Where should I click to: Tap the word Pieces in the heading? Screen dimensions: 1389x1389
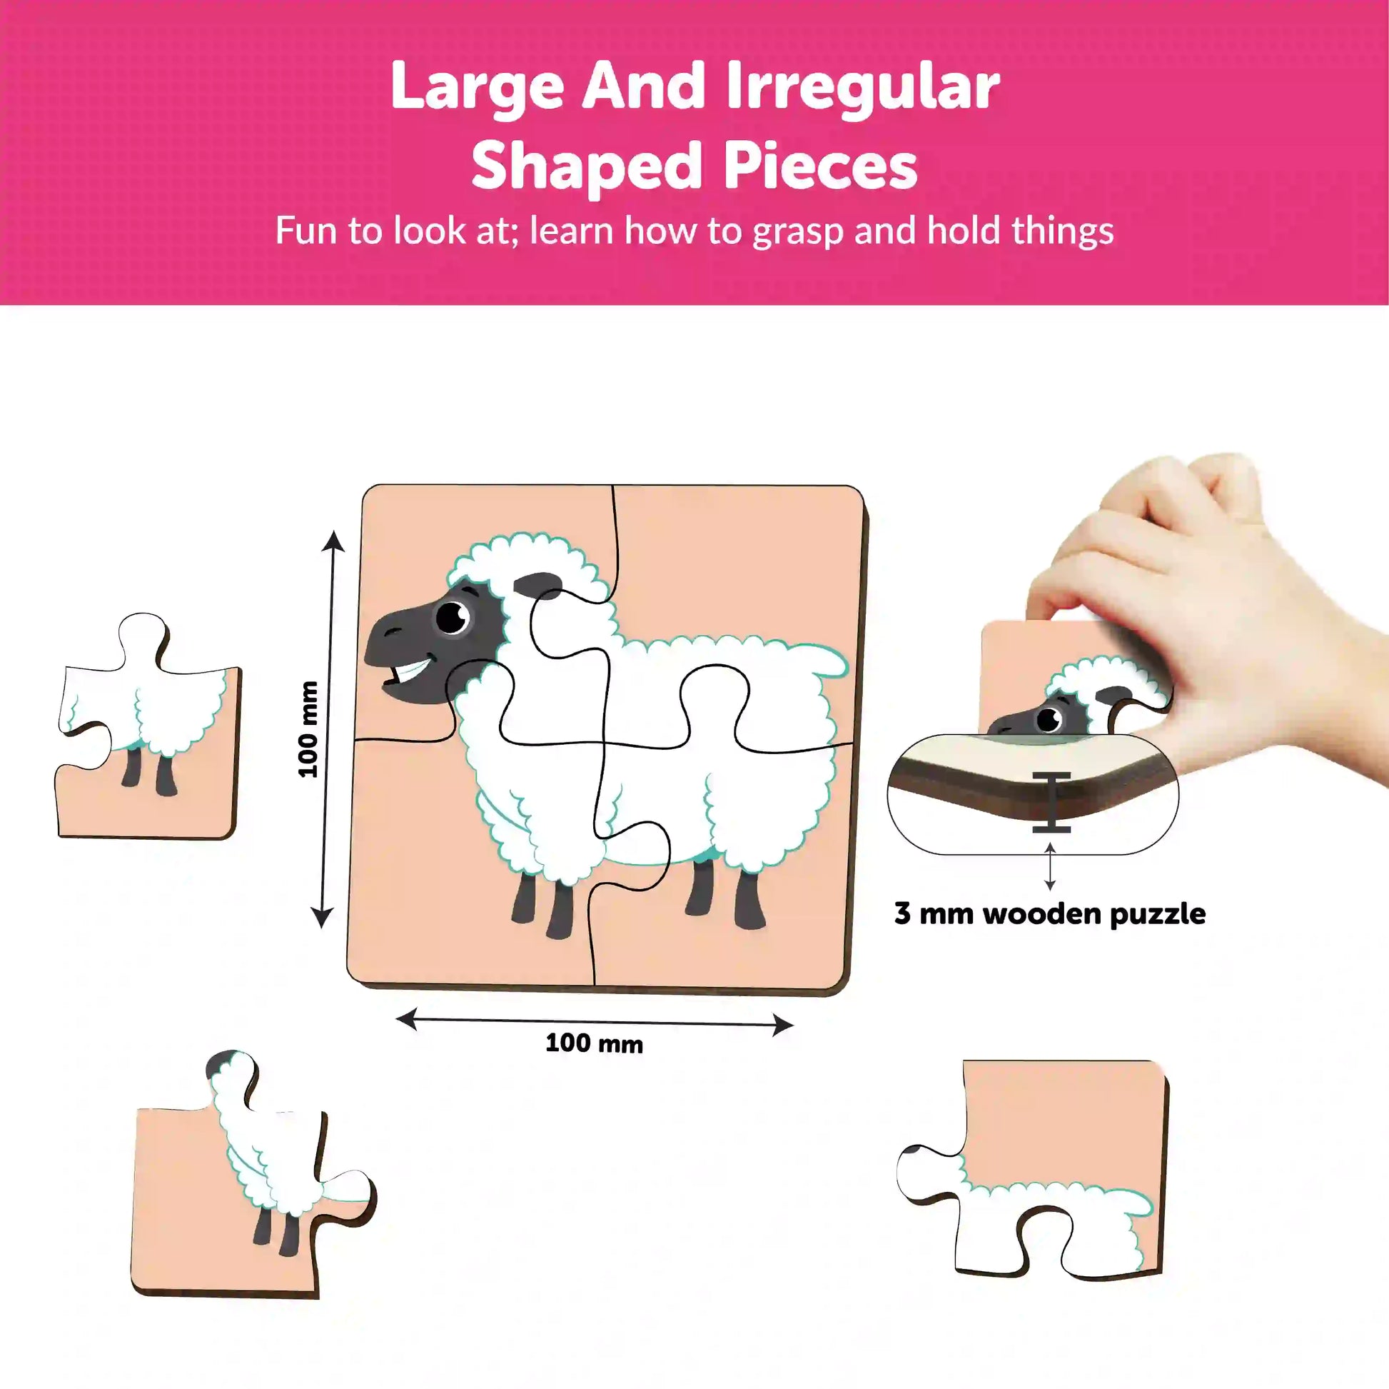[820, 166]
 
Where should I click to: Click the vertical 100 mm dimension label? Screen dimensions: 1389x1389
[307, 728]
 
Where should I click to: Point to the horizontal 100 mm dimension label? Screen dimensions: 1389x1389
[594, 1043]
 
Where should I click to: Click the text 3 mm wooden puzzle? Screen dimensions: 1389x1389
[1050, 913]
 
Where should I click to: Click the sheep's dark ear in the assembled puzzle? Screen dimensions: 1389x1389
[537, 586]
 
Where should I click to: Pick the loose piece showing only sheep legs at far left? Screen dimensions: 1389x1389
[148, 726]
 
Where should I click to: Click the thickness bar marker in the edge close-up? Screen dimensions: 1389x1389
[1051, 803]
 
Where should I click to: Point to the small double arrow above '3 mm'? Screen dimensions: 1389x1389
[1050, 867]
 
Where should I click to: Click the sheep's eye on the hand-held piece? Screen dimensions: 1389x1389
[1051, 718]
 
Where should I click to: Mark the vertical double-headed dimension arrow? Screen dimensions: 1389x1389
[327, 729]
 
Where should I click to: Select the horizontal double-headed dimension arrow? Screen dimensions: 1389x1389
[595, 1021]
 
